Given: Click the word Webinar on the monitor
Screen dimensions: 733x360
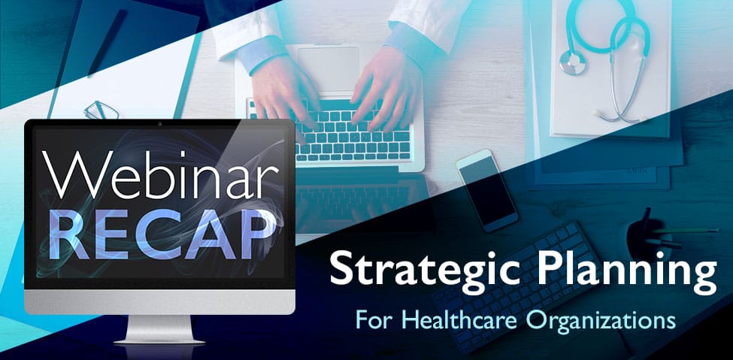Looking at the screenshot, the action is [161, 173].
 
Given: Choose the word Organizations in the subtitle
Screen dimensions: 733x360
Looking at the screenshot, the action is [601, 322].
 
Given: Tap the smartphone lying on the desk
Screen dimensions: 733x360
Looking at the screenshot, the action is [487, 190].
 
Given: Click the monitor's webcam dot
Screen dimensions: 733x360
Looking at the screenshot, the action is [160, 124].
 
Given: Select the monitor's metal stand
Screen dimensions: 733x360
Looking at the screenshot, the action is [159, 330].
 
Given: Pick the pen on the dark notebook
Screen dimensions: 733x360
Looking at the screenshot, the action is [107, 42].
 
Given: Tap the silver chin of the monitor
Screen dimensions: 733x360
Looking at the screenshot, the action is [160, 301].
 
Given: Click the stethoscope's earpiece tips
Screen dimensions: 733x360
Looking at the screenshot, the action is [607, 113].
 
